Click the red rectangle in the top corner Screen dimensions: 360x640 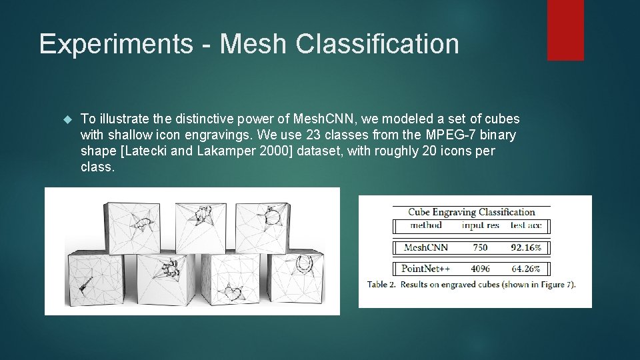coord(565,30)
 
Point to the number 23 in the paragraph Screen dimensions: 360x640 coord(313,135)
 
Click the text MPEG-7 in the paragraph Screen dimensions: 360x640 coord(443,135)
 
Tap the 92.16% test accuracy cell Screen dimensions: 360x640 coord(526,247)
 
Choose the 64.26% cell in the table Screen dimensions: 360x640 coord(526,269)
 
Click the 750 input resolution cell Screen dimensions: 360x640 coord(479,247)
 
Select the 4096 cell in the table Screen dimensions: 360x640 coord(479,269)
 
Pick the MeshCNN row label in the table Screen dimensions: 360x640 coord(426,247)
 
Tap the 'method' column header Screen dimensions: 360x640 coord(425,225)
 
